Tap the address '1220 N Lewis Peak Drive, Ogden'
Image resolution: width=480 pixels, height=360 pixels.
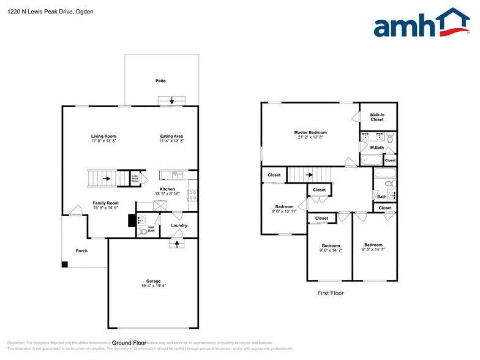50,11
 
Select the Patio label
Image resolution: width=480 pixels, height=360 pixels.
160,81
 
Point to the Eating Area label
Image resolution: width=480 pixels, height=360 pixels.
171,136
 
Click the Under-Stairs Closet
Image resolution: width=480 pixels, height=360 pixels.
135,178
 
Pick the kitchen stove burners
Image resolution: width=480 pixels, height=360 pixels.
192,196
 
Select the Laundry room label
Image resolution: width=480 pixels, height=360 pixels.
179,225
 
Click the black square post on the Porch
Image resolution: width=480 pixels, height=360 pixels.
64,264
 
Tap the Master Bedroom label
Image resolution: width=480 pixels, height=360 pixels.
310,133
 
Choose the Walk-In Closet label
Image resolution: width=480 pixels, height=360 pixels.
378,117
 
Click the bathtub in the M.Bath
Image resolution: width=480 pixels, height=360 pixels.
371,161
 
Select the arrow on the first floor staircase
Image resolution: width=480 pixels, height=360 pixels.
310,174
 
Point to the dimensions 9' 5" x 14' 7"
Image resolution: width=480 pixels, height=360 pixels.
373,249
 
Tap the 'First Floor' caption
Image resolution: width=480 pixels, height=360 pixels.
330,293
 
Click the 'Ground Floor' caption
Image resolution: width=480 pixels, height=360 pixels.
129,343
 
